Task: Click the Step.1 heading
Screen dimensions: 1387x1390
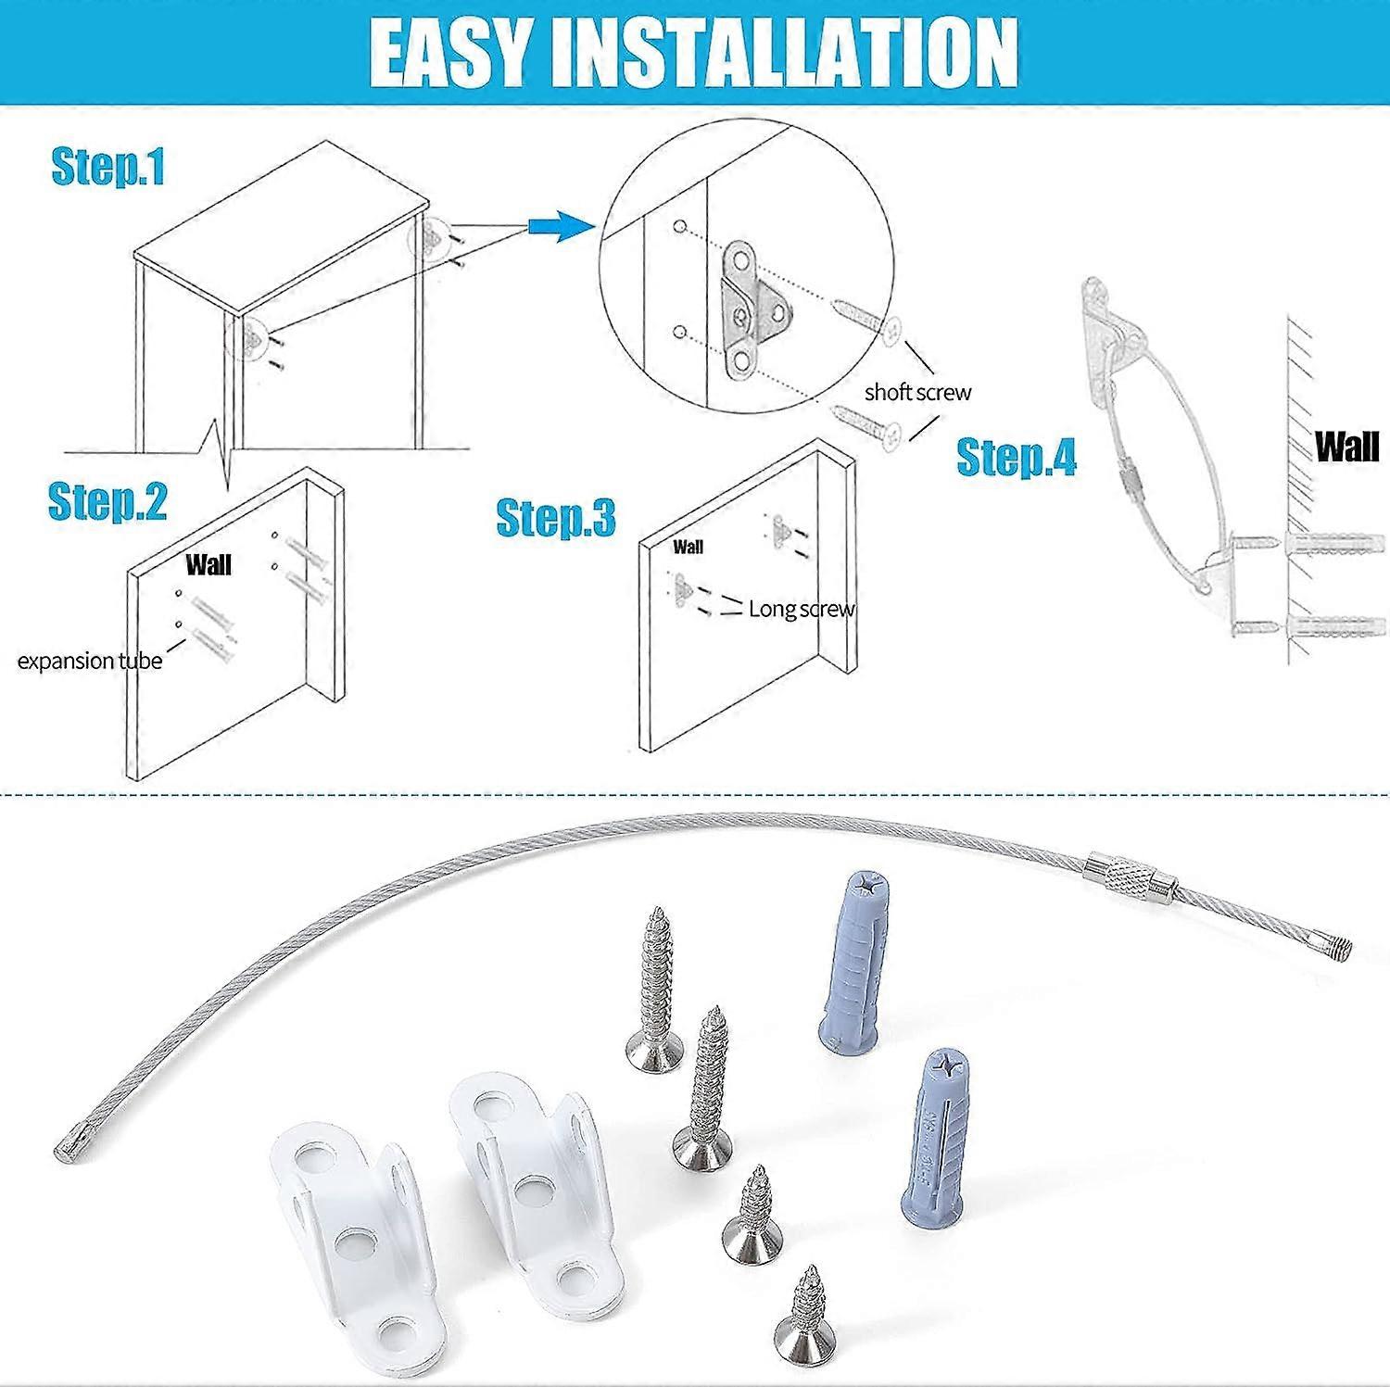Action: click(107, 167)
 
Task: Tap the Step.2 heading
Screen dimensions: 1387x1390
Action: click(107, 500)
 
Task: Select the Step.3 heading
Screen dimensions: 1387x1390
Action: click(555, 517)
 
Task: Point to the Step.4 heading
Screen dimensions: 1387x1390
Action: click(1016, 457)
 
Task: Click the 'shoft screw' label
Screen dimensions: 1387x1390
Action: click(917, 392)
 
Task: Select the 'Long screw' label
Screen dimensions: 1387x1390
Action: click(801, 609)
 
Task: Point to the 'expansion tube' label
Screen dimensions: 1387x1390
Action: click(90, 661)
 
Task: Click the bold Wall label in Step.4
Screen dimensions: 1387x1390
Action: click(1346, 447)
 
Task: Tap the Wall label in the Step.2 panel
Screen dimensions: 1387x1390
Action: click(208, 564)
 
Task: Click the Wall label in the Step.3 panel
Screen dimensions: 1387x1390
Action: click(688, 547)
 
